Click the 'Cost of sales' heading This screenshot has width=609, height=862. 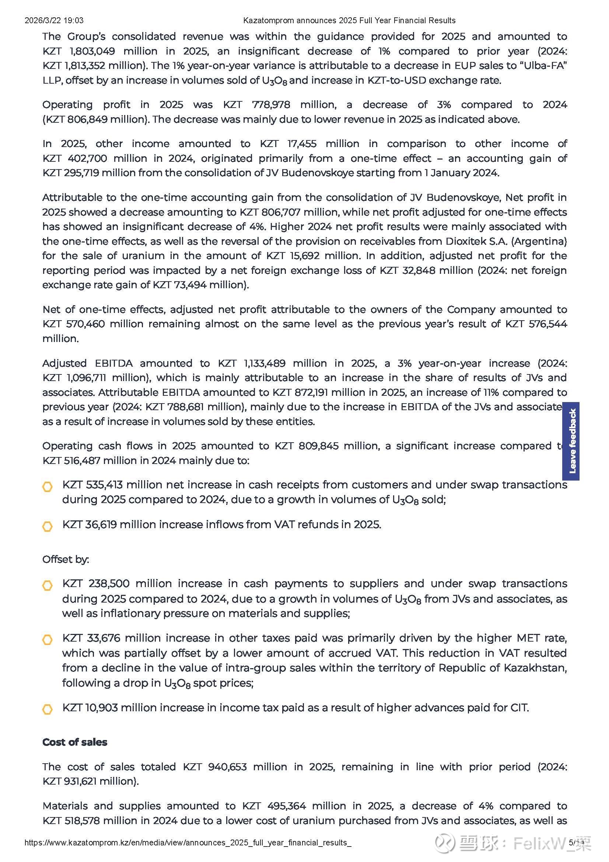coord(75,742)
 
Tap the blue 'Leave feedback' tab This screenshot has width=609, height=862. coord(571,441)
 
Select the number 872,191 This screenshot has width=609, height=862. coord(310,392)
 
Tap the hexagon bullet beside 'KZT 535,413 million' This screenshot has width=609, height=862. coord(48,487)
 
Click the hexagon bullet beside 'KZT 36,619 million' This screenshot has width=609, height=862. coord(48,526)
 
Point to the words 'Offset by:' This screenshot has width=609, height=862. coord(66,559)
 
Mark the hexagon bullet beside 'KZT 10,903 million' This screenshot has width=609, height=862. coord(48,709)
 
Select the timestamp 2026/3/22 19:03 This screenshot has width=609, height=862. coord(54,20)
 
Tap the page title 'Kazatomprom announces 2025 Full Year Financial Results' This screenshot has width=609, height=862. coord(349,20)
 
